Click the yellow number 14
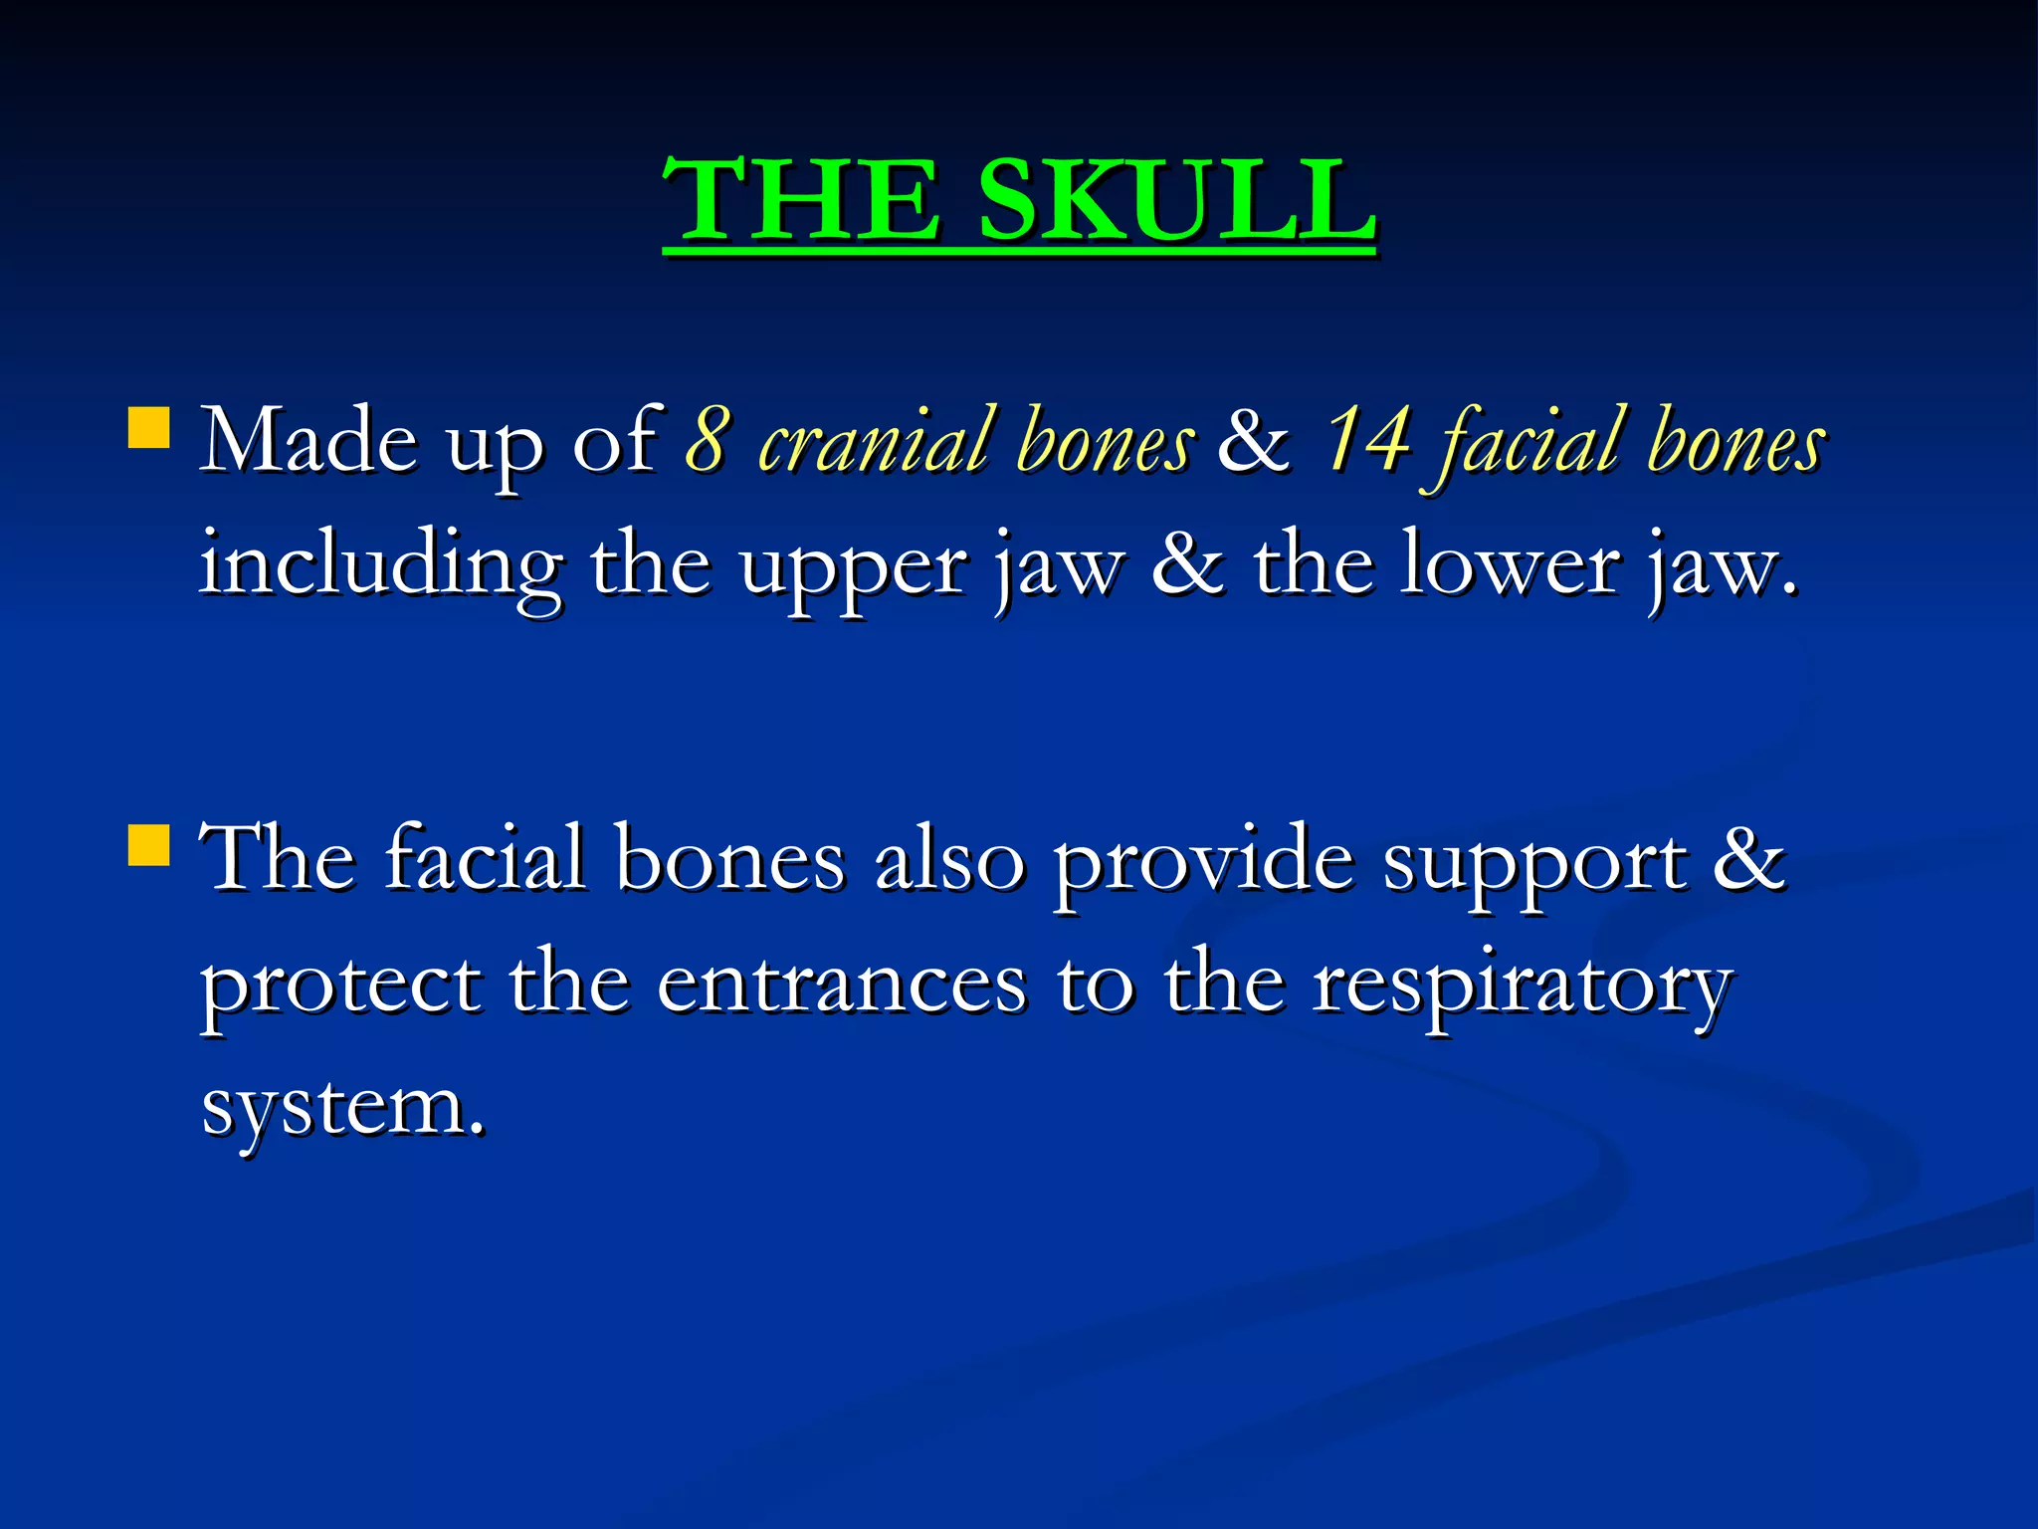(x=1367, y=439)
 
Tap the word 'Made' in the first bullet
(x=308, y=441)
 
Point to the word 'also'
(x=949, y=859)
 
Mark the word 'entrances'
(x=842, y=985)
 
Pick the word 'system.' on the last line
(x=343, y=1107)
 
